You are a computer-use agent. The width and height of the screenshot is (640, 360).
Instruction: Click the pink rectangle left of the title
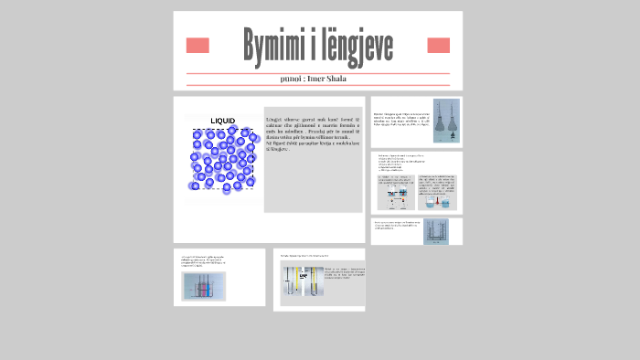197,46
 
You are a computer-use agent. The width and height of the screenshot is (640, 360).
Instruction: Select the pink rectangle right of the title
438,46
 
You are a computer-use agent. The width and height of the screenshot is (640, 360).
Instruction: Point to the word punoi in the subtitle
296,79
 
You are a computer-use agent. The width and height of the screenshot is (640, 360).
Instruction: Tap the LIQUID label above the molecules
222,121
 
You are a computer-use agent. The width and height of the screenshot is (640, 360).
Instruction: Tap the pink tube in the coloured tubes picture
195,287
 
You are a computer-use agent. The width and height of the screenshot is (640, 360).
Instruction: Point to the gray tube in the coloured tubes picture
216,287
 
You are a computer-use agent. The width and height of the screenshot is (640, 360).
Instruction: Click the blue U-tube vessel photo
436,232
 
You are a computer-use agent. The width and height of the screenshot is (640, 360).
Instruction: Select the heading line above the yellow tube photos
304,256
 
